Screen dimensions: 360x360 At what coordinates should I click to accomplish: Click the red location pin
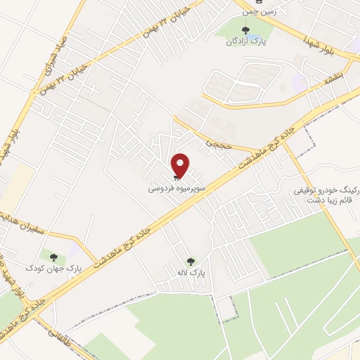pos(181,165)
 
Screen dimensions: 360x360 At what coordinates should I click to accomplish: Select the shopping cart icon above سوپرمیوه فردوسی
pos(175,179)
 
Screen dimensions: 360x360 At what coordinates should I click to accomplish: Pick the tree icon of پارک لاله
pos(191,262)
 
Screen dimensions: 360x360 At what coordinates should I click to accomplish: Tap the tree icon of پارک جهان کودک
pos(53,257)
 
